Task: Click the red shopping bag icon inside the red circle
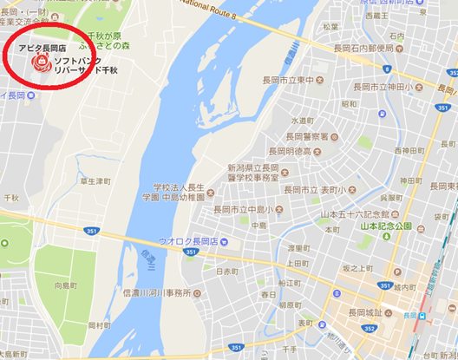pyautogui.click(x=39, y=63)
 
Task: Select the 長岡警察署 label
pyautogui.click(x=307, y=136)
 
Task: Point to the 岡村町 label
pyautogui.click(x=99, y=324)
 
